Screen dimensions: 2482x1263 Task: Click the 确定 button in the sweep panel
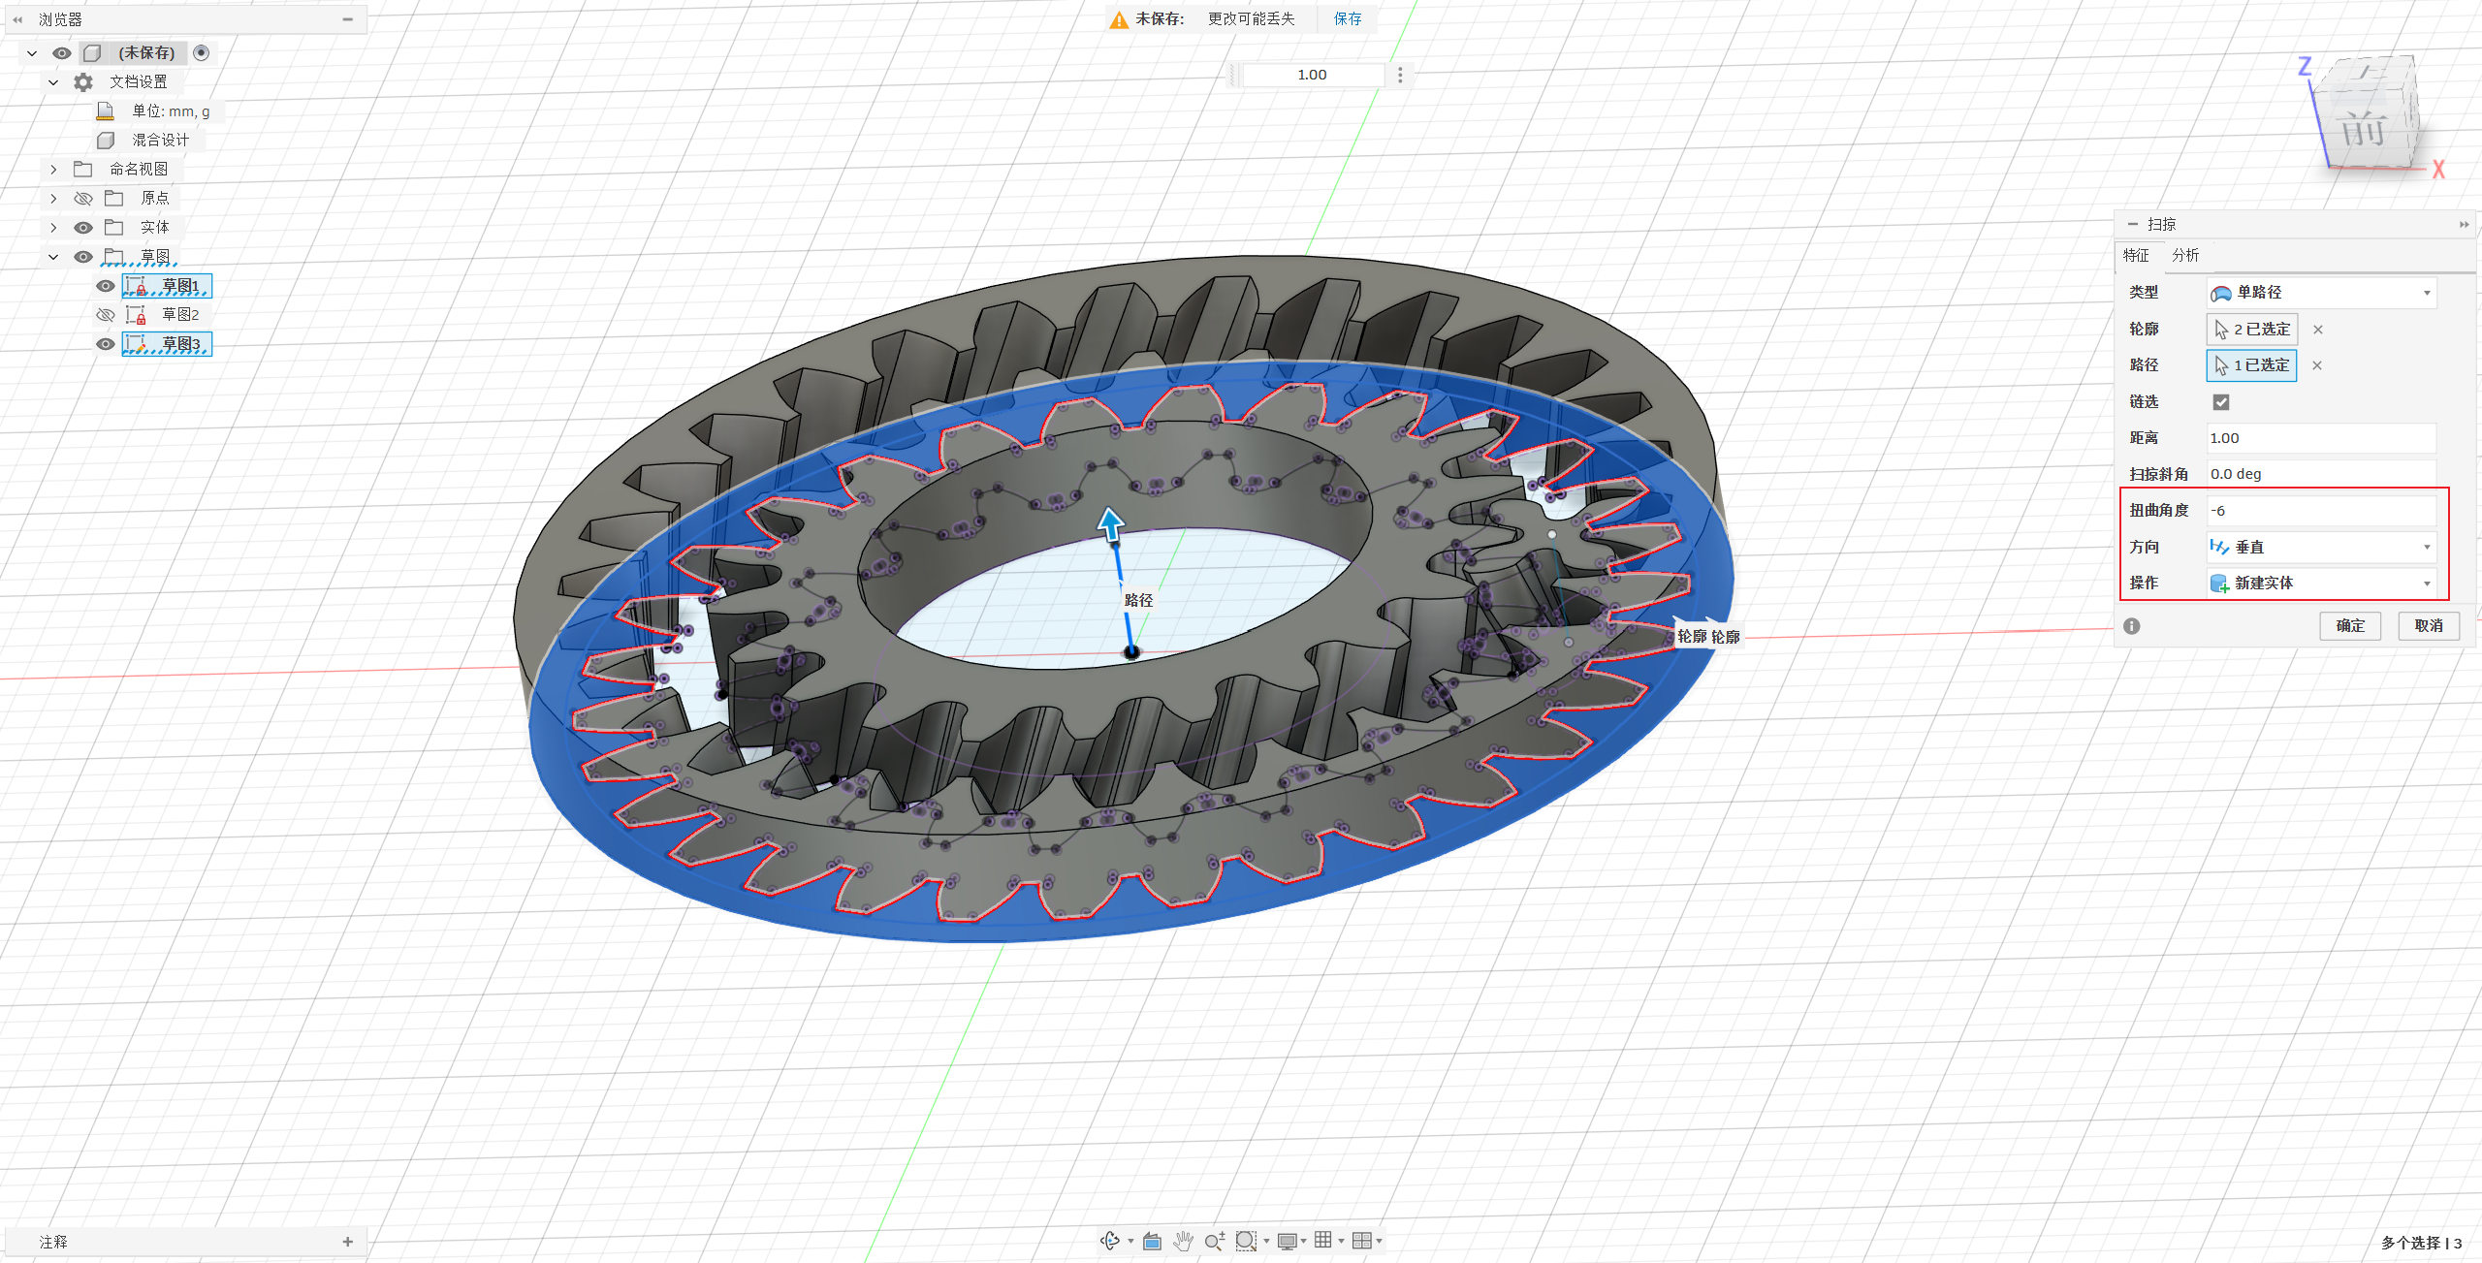coord(2349,625)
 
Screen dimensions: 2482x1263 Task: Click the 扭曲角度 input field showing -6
coord(2320,511)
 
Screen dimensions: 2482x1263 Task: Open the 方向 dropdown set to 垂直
coord(2320,547)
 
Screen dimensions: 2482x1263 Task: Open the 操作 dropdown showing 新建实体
coord(2320,583)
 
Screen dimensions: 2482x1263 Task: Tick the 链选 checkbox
coord(2221,401)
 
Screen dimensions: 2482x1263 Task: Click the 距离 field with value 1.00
coord(2320,438)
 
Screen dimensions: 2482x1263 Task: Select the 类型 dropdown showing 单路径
coord(2320,293)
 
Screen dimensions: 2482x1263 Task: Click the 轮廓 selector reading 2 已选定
coord(2252,330)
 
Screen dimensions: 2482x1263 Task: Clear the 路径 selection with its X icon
coord(2317,365)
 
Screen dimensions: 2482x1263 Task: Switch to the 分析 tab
coord(2185,255)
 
